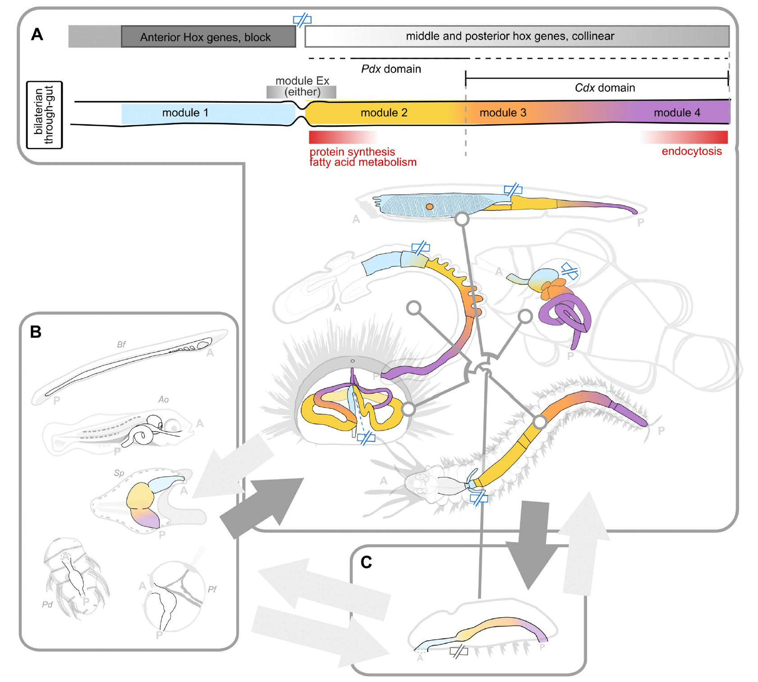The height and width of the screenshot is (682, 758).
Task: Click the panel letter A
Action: click(37, 35)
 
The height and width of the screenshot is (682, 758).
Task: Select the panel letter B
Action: click(36, 332)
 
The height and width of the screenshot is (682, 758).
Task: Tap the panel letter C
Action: click(366, 562)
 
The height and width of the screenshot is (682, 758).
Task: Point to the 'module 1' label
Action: click(185, 113)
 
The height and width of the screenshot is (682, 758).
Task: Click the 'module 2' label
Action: click(384, 113)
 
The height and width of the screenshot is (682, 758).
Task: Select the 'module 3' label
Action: click(502, 113)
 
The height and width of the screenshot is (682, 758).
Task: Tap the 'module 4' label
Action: click(676, 113)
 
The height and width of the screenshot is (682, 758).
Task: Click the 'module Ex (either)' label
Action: click(302, 86)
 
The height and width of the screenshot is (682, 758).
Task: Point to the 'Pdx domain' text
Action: click(391, 69)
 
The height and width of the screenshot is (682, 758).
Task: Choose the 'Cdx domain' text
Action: click(604, 88)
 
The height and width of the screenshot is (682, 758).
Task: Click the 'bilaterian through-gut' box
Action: click(44, 115)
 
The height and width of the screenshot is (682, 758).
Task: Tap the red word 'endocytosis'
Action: click(691, 151)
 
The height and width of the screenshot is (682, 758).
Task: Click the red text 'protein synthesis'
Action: click(352, 152)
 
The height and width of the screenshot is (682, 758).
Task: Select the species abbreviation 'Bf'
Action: click(121, 345)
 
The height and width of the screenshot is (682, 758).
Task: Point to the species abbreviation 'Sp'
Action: click(119, 473)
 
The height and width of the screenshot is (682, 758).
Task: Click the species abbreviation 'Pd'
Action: click(47, 605)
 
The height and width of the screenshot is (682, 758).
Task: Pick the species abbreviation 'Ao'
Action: click(163, 400)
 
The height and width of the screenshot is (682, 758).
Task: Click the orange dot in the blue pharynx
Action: click(429, 207)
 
